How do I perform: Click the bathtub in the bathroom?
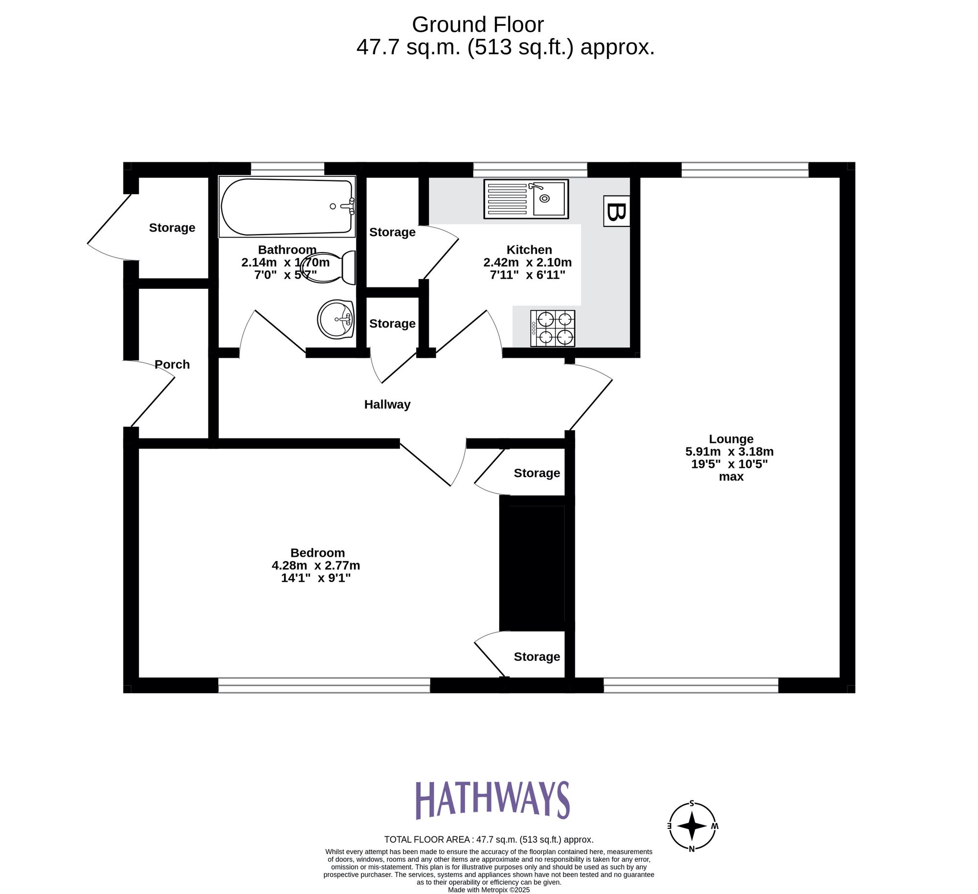point(287,207)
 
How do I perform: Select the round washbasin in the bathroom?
point(336,319)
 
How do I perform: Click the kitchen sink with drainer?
point(526,199)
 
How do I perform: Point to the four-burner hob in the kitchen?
point(553,328)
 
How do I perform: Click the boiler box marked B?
point(616,211)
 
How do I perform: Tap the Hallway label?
point(387,404)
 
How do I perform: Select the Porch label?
point(172,364)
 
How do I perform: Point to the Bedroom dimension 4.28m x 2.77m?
point(316,566)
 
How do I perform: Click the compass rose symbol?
point(692,826)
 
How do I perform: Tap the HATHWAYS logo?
point(492,800)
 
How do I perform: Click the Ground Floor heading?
point(477,24)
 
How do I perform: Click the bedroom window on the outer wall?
point(324,685)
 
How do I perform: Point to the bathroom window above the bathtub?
point(288,169)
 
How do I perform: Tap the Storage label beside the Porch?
point(172,227)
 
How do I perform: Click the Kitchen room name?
point(529,250)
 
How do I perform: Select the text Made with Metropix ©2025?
point(489,890)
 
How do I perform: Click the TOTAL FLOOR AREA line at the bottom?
point(489,839)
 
